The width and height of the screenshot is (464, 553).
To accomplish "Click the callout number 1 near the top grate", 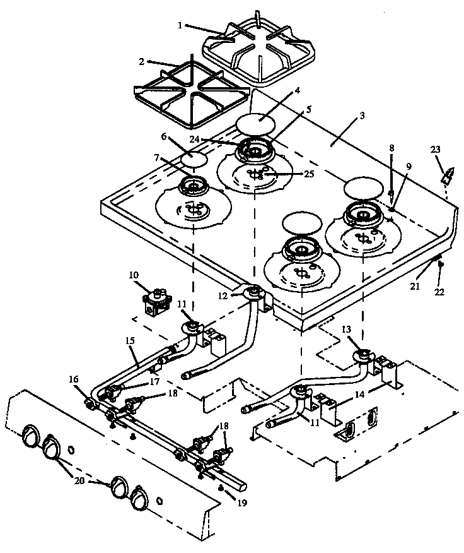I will (180, 26).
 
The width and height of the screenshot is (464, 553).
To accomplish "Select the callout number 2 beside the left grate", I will (142, 61).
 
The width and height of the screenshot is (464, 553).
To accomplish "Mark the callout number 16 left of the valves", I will (74, 379).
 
